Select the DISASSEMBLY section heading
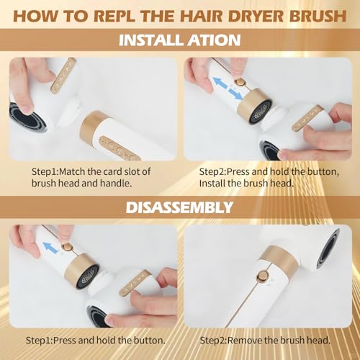coord(179,208)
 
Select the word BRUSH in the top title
coord(307,14)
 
